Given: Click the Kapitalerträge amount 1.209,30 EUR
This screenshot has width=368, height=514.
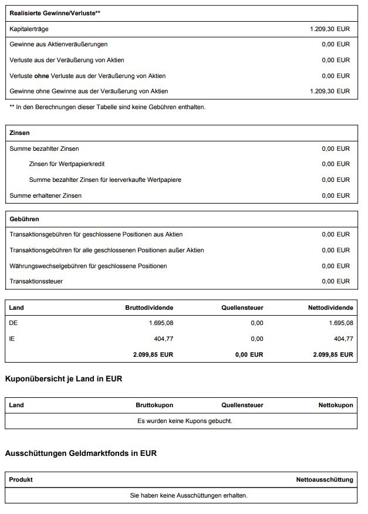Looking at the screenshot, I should point(329,28).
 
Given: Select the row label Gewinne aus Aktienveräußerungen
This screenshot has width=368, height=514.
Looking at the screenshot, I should point(59,44).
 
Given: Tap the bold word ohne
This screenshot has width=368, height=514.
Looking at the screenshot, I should point(41,76).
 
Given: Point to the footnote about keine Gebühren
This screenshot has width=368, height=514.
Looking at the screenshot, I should point(107,107).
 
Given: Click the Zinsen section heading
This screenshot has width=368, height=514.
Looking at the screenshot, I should point(20,133).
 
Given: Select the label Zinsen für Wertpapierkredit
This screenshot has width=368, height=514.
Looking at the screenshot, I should point(66,164).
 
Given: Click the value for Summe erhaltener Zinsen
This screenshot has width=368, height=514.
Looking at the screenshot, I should point(335,195).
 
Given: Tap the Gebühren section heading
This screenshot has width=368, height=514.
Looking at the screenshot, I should point(25,219).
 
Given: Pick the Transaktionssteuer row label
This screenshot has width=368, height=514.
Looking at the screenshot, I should point(36,282).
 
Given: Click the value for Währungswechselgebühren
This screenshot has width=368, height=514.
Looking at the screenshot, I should point(335,266).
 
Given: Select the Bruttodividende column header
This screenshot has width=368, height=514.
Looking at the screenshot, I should point(149,307).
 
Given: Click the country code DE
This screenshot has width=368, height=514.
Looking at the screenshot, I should point(14,323).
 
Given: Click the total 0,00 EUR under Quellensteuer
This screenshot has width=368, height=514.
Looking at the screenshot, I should point(248,354).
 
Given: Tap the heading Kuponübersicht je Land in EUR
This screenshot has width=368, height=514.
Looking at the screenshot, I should point(63,379).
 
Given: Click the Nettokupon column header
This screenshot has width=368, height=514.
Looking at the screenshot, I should point(335,405).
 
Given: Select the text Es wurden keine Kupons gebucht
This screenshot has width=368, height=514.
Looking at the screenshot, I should point(184,421).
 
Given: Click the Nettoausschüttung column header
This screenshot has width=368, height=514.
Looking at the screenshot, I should point(325,479).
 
